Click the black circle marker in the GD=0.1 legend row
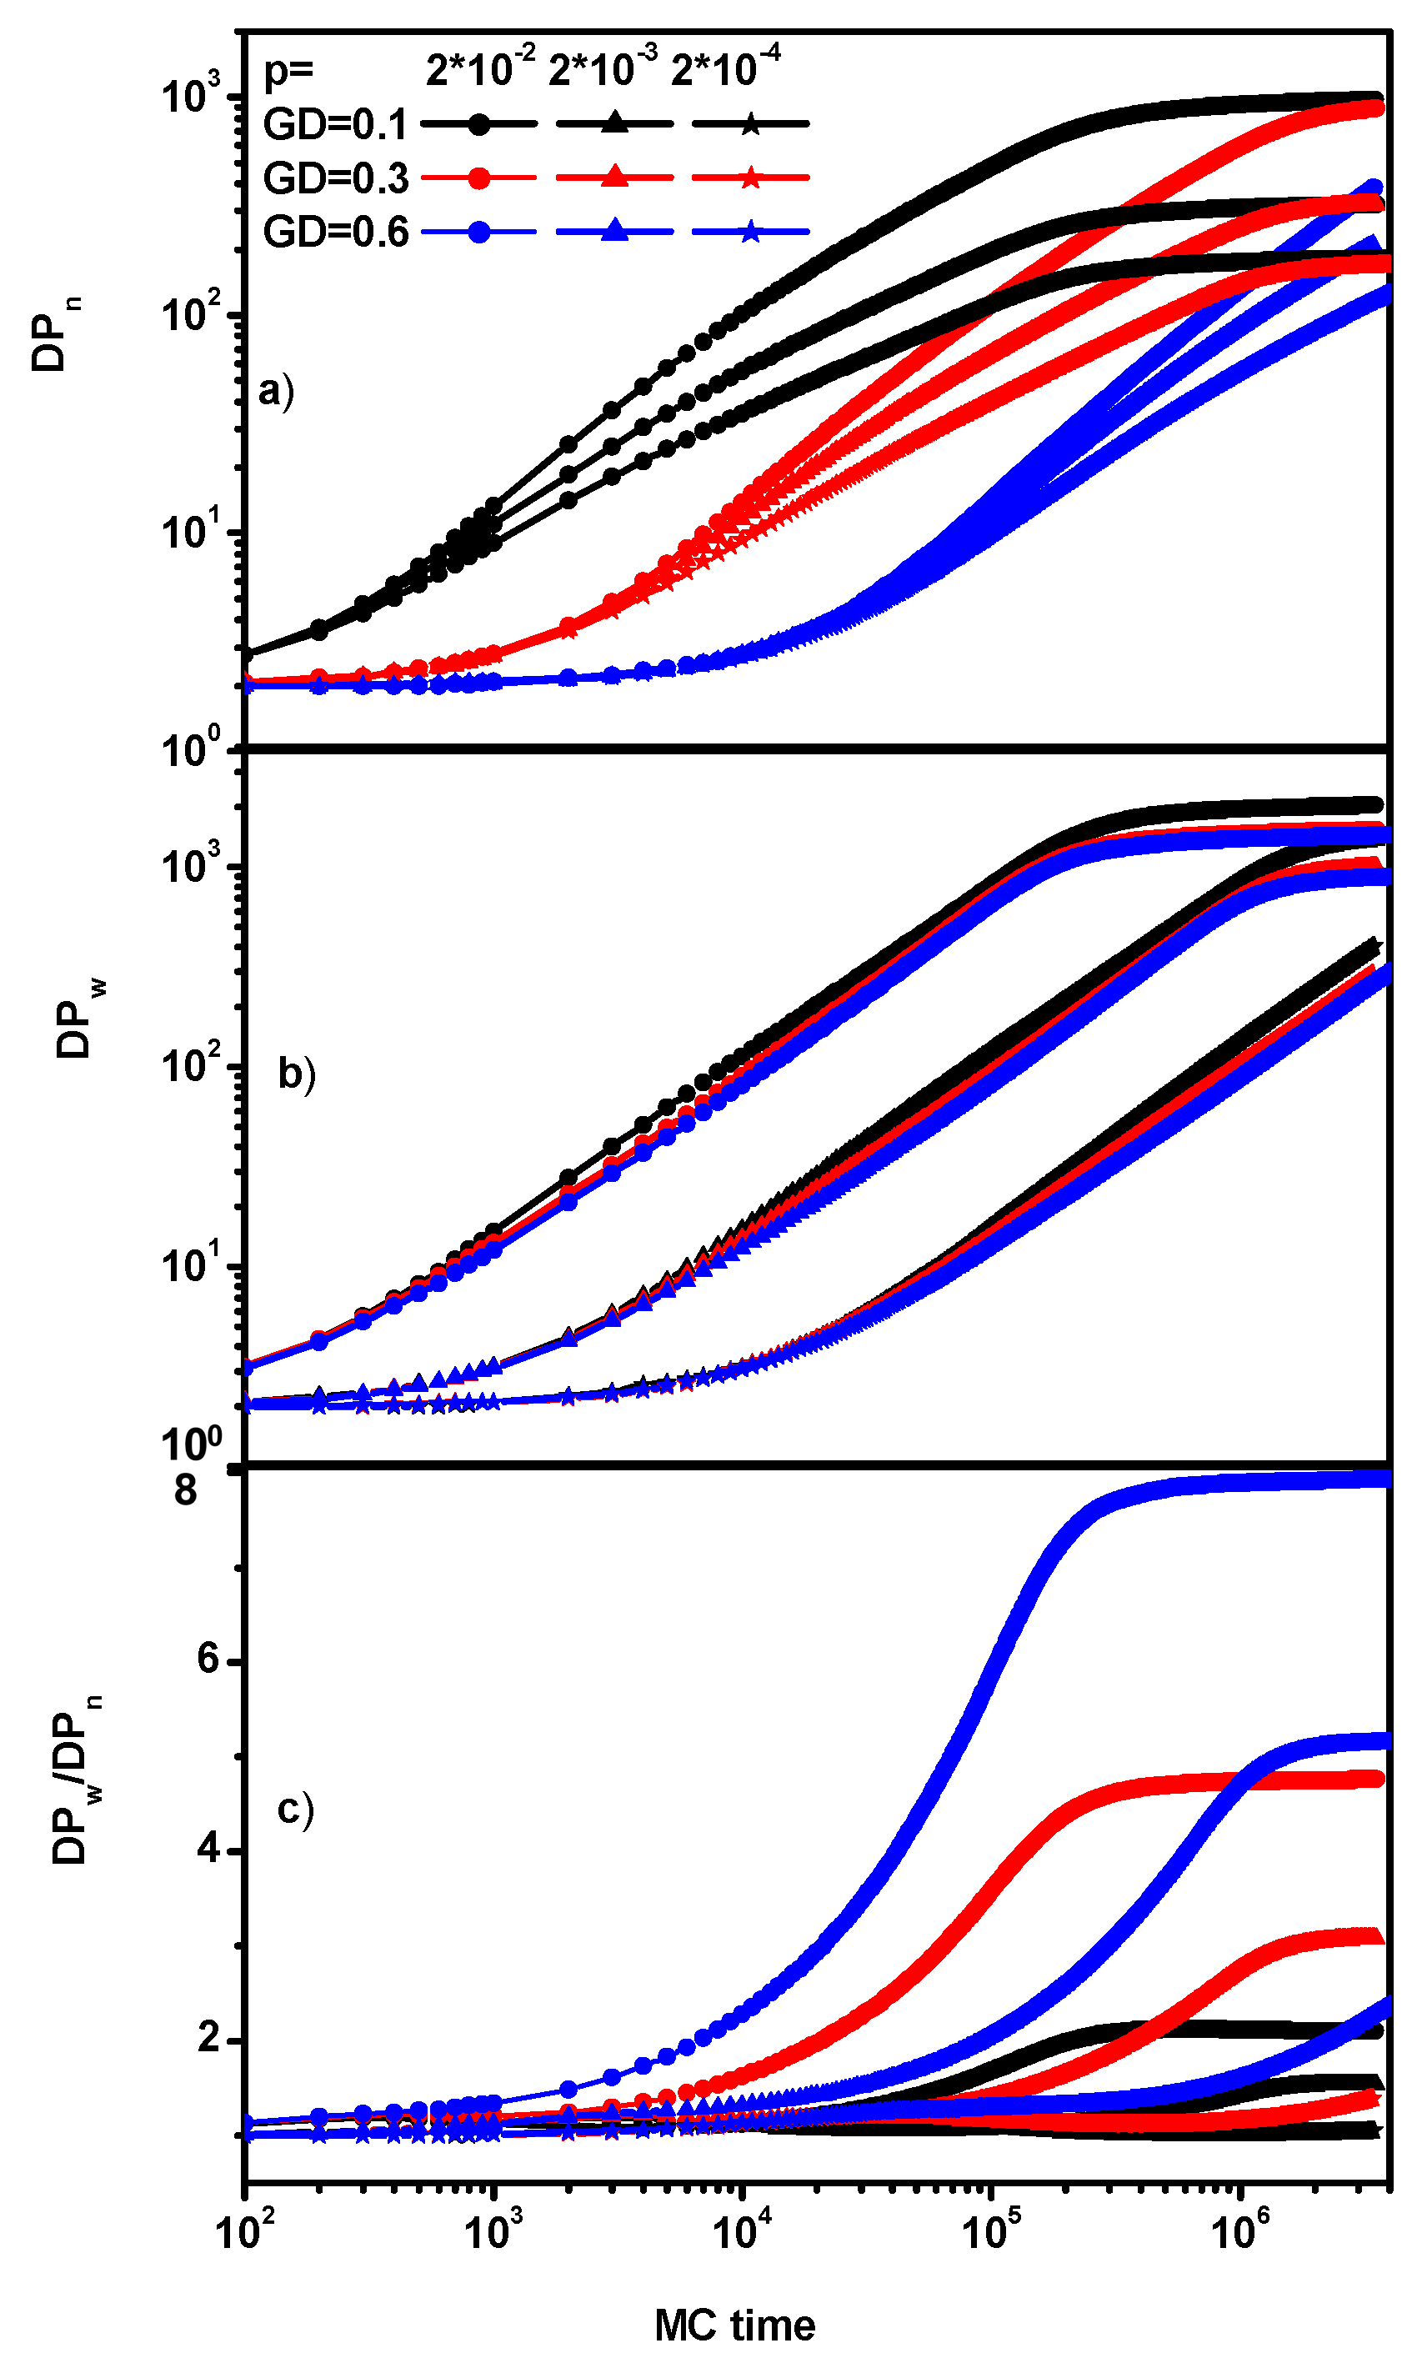pos(480,124)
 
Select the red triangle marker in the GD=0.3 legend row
pos(614,178)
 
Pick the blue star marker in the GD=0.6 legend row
pos(750,232)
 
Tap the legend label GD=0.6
pos(336,233)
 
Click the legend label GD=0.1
pos(336,124)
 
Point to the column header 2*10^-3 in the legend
pos(602,68)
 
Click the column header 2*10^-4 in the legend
pos(725,68)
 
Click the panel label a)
pos(276,390)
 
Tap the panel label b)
pos(296,1074)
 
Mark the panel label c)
pos(295,1809)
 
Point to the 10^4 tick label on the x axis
pos(740,2228)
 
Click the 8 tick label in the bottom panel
pos(186,1490)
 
